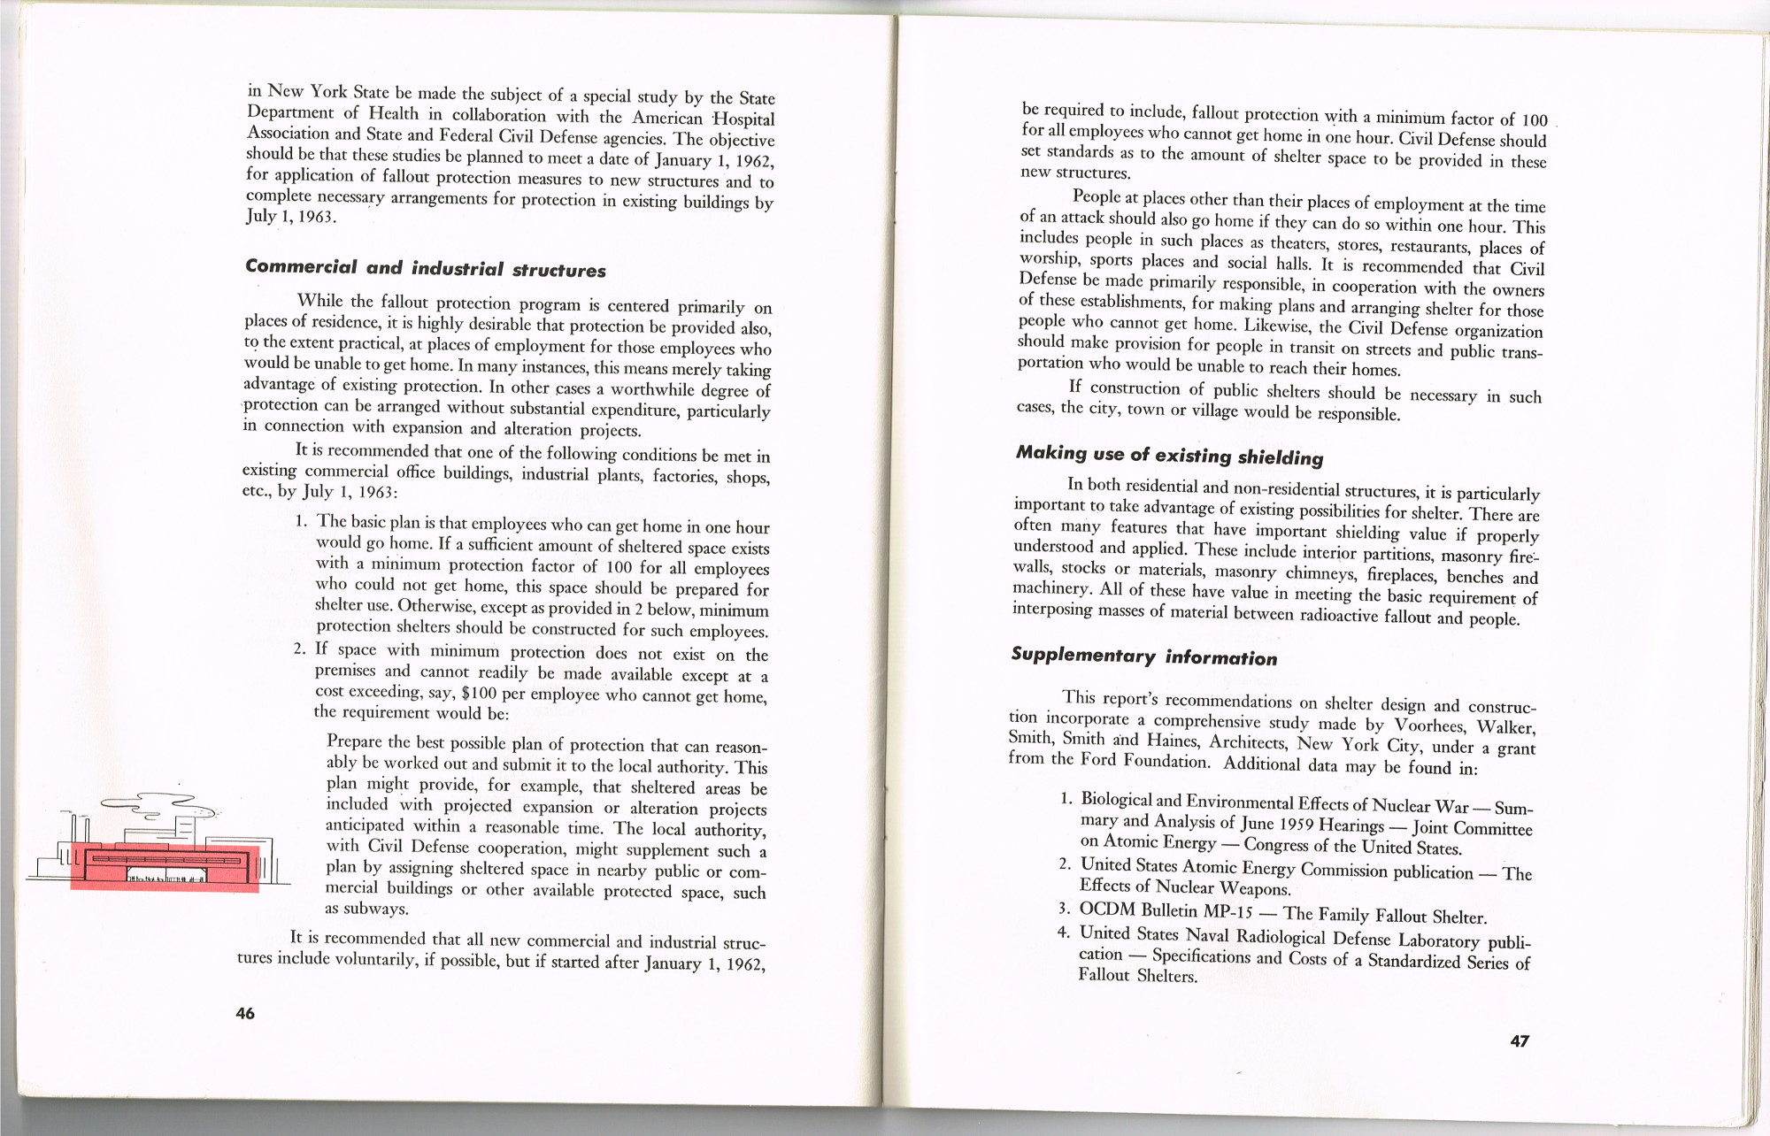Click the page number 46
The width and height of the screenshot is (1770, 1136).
pyautogui.click(x=245, y=1013)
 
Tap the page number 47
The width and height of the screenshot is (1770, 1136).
pyautogui.click(x=1520, y=1041)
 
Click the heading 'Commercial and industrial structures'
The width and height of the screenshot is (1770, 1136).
pyautogui.click(x=426, y=268)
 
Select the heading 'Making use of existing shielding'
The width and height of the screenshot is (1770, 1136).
pyautogui.click(x=1169, y=455)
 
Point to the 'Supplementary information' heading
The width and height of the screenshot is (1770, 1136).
pyautogui.click(x=1144, y=656)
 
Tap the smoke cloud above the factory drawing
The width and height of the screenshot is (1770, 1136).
pyautogui.click(x=164, y=805)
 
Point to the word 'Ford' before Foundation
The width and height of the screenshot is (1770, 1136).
pyautogui.click(x=1098, y=759)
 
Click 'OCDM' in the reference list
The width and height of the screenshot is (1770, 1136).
pyautogui.click(x=1107, y=910)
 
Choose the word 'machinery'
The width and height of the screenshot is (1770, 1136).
pyautogui.click(x=1050, y=588)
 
